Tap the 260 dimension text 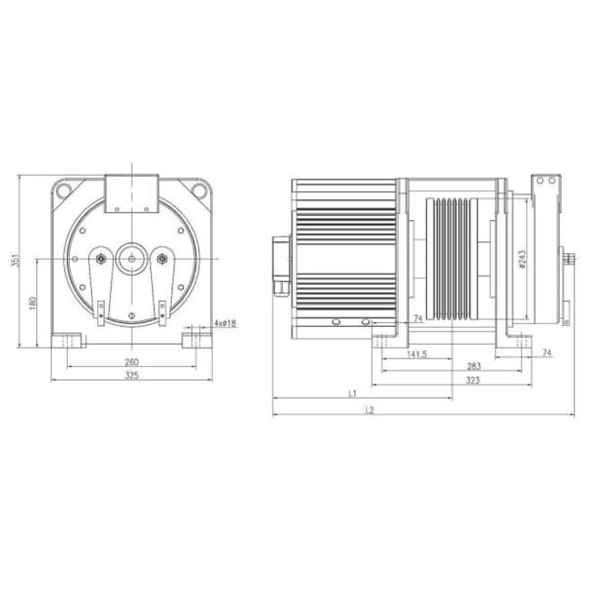[x=131, y=360]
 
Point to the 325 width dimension [x=131, y=376]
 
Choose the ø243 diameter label [x=523, y=258]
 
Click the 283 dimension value [x=473, y=365]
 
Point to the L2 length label [x=369, y=409]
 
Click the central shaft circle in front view [x=131, y=259]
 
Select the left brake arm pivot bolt [x=100, y=259]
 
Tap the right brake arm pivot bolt [x=162, y=259]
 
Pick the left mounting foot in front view [x=70, y=341]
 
